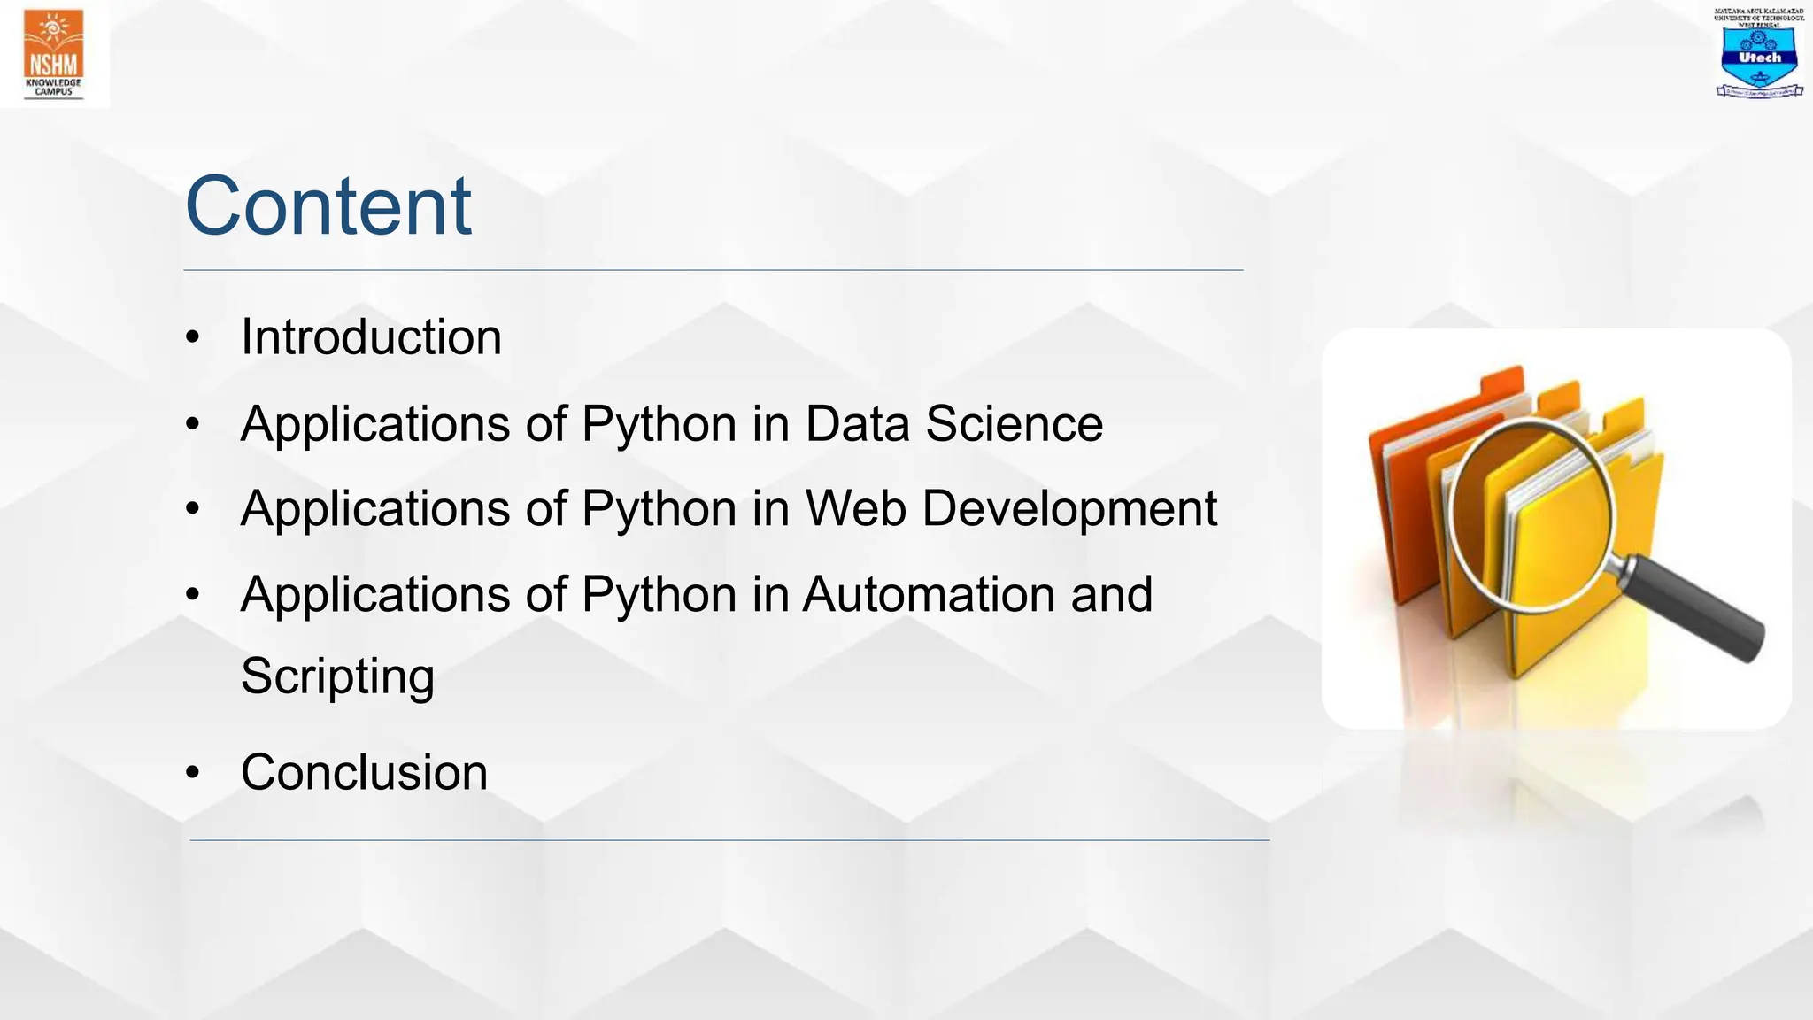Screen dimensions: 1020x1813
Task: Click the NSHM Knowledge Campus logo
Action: [x=54, y=53]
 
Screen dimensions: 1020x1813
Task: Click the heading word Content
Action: [x=328, y=206]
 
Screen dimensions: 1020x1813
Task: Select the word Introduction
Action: [x=371, y=337]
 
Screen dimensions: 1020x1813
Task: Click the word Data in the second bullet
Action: [x=857, y=423]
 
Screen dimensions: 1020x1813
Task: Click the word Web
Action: [x=855, y=508]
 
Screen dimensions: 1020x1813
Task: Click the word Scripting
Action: [x=337, y=676]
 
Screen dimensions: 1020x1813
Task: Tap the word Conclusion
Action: [x=364, y=772]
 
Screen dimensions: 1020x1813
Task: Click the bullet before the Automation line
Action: [x=193, y=595]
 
